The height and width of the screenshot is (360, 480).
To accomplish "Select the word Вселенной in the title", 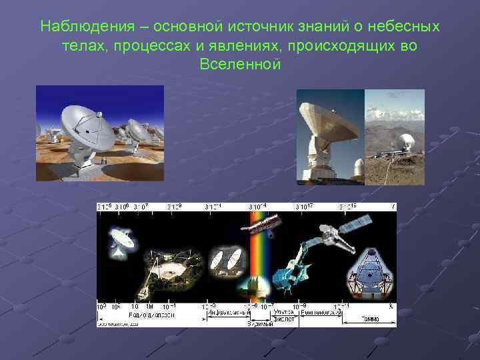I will click(240, 65).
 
